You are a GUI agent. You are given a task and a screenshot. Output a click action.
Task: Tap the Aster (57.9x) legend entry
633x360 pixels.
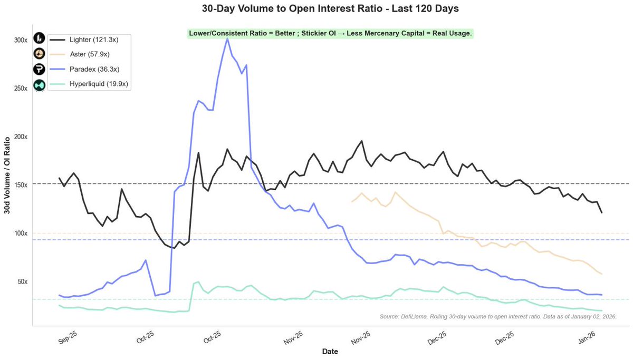pyautogui.click(x=90, y=54)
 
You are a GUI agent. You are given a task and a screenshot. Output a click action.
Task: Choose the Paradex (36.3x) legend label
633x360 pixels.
pyautogui.click(x=93, y=69)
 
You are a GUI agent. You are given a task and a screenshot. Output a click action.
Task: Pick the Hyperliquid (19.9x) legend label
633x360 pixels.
pyautogui.click(x=99, y=84)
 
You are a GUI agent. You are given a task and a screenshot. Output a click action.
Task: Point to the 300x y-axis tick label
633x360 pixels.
pyautogui.click(x=21, y=40)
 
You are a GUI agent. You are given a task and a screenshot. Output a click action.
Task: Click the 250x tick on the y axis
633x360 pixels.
pyautogui.click(x=21, y=88)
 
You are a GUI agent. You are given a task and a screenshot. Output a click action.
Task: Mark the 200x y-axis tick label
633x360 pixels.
pyautogui.click(x=21, y=137)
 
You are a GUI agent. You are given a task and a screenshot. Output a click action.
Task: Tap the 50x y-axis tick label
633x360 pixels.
pyautogui.click(x=22, y=281)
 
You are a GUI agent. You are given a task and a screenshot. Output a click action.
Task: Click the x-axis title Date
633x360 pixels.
pyautogui.click(x=330, y=351)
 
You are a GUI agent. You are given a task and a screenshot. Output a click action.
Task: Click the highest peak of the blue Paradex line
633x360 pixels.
pyautogui.click(x=227, y=38)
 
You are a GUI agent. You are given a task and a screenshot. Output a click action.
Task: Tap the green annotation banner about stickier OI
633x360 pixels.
pyautogui.click(x=330, y=33)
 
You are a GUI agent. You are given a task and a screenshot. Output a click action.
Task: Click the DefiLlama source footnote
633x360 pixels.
pyautogui.click(x=498, y=316)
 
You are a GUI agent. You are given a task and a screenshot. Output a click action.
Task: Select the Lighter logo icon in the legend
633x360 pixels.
pyautogui.click(x=40, y=38)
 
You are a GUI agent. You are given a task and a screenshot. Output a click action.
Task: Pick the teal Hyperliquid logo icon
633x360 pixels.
pyautogui.click(x=40, y=85)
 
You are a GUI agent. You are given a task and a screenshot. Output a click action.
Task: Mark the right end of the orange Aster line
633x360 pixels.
pyautogui.click(x=602, y=274)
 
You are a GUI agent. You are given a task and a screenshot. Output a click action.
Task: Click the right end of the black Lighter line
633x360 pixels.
pyautogui.click(x=602, y=212)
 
